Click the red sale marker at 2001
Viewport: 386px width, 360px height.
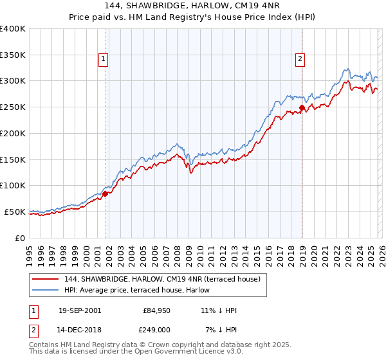pos(106,193)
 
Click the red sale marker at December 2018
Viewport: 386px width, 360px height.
pos(301,107)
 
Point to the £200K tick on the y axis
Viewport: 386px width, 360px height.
pos(13,133)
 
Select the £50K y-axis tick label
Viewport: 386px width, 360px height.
pos(15,212)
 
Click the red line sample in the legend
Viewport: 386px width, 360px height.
pos(46,279)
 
